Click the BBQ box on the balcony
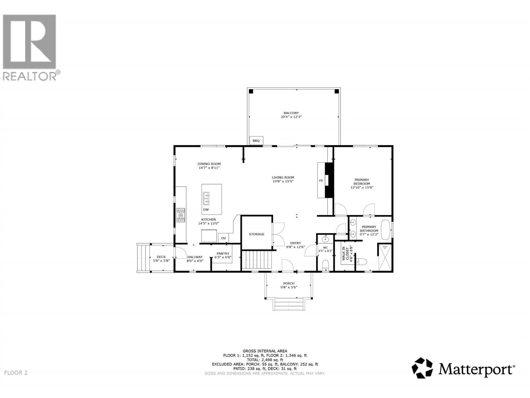pyautogui.click(x=256, y=141)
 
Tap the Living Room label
pyautogui.click(x=283, y=177)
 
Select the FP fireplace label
pyautogui.click(x=321, y=181)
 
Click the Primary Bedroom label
pyautogui.click(x=362, y=182)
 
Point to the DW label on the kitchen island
pyautogui.click(x=206, y=210)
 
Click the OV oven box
pyautogui.click(x=224, y=238)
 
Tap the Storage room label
pyautogui.click(x=257, y=234)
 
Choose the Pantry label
pyautogui.click(x=223, y=254)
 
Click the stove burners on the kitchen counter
pyautogui.click(x=181, y=215)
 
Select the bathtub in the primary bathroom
pyautogui.click(x=386, y=230)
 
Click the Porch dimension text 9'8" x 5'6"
pyautogui.click(x=289, y=287)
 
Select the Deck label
pyautogui.click(x=161, y=257)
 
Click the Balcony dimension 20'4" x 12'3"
pyautogui.click(x=291, y=117)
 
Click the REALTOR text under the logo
pyautogui.click(x=30, y=76)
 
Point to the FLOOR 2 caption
pyautogui.click(x=16, y=373)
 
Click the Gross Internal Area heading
pyautogui.click(x=265, y=351)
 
